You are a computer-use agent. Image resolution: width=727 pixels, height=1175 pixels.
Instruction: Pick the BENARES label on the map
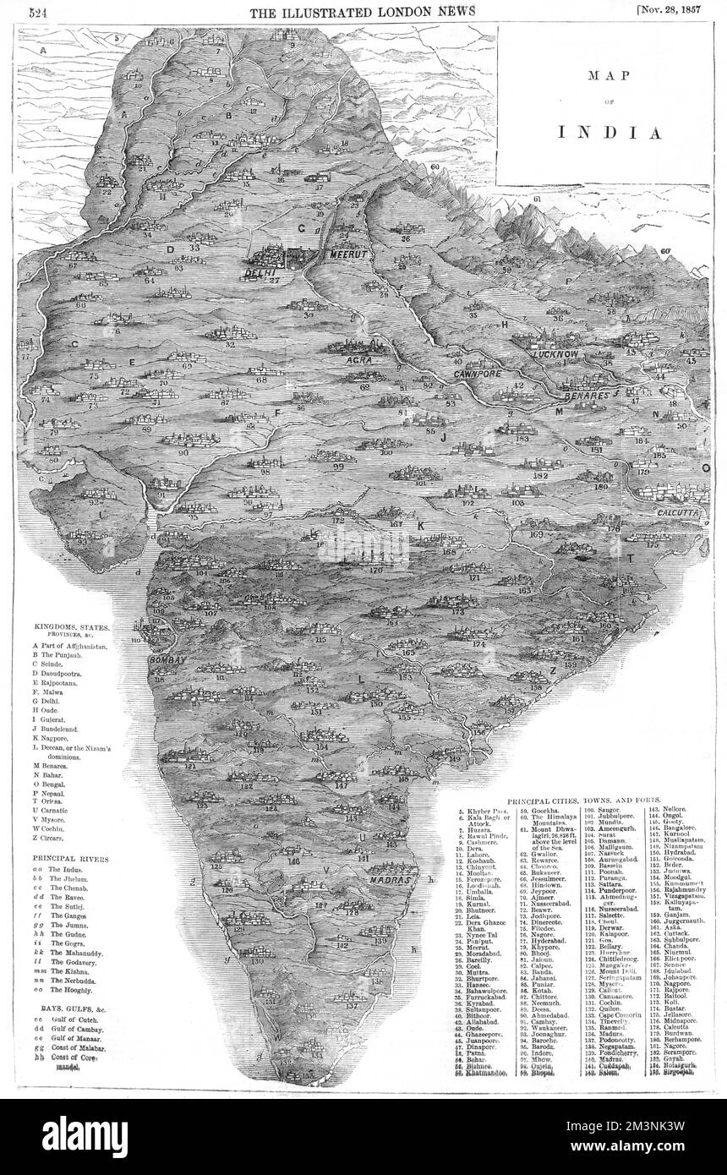(x=583, y=395)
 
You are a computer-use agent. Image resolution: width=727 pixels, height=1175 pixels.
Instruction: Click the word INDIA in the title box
(x=608, y=133)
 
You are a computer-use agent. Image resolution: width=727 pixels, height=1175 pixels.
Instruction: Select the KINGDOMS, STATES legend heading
(x=71, y=626)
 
